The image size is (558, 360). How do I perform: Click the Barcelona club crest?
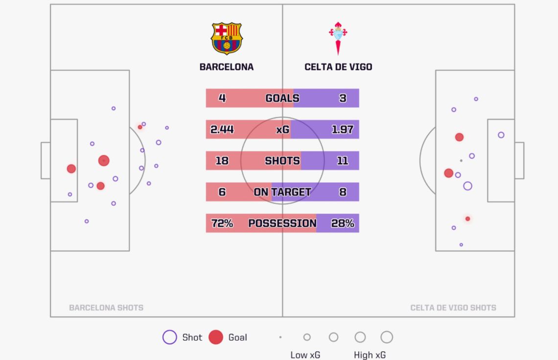226,38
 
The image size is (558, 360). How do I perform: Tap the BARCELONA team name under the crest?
226,67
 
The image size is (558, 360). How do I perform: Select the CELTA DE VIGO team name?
338,67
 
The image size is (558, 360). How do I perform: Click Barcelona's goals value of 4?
222,98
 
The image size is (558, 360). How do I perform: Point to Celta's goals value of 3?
343,98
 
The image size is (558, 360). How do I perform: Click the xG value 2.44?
222,129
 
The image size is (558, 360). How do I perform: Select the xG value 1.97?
343,129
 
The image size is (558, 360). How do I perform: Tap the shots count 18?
222,161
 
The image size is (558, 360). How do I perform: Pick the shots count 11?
343,161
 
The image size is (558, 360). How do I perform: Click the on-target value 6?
222,192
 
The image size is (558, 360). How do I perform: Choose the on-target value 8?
343,192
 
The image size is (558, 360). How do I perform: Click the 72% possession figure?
222,223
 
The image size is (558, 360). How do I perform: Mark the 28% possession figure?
343,223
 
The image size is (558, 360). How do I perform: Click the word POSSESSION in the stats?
282,223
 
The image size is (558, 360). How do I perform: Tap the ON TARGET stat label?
282,192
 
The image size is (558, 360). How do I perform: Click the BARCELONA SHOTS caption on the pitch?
106,308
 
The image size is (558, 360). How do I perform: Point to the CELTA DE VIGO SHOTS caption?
453,308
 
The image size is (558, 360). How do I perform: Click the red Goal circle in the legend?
216,337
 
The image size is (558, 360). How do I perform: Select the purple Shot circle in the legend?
169,337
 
